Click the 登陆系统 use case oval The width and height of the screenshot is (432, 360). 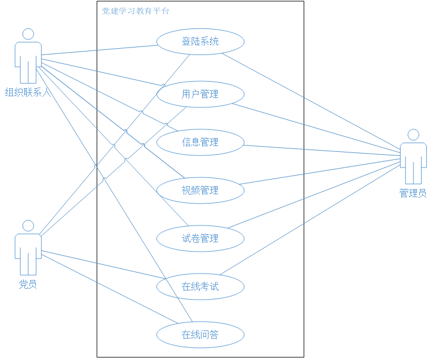200,42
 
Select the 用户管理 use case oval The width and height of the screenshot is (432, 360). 200,94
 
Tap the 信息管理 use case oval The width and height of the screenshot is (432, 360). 200,142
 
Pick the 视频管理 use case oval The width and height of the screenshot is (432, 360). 200,190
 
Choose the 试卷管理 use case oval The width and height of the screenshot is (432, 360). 200,238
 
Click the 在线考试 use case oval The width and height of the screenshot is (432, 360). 200,286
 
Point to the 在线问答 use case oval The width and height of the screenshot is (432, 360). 200,334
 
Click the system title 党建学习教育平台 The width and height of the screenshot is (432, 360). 136,11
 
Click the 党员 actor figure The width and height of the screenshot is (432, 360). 28,249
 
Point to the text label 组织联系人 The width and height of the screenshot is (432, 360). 28,92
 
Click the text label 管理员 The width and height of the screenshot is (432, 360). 413,193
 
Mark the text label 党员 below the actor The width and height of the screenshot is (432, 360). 28,284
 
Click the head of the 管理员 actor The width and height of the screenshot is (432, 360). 413,135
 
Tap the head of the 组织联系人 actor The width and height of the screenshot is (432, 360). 28,34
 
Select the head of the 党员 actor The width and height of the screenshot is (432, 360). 28,226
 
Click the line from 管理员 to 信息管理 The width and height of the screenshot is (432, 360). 321,150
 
